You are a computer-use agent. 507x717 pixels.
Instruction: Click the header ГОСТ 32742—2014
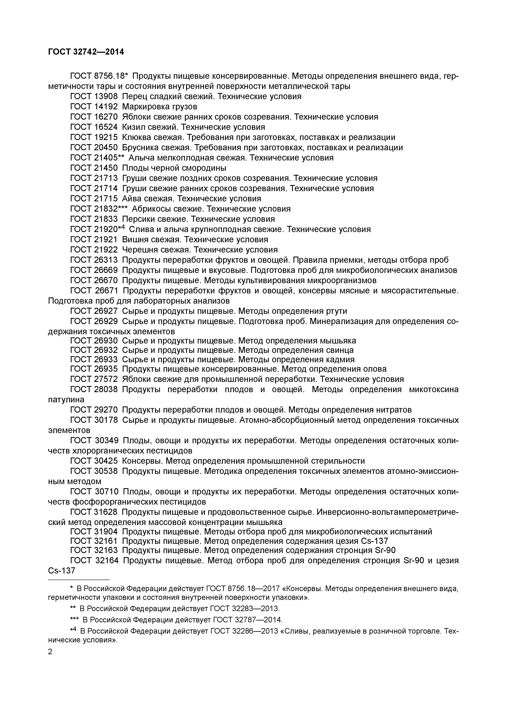point(86,52)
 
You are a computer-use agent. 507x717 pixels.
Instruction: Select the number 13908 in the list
point(106,96)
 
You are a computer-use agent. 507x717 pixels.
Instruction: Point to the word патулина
point(66,400)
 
